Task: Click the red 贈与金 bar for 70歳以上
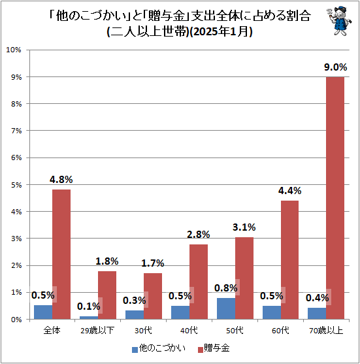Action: pos(335,198)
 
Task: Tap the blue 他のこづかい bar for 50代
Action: pos(225,308)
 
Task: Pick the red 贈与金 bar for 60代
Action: pos(289,259)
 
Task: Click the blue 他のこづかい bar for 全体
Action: pos(43,312)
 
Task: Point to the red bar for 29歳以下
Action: pos(107,295)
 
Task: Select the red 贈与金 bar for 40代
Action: pos(198,282)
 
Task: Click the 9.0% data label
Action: pos(335,67)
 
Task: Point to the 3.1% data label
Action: pos(244,227)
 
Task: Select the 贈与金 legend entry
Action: pos(215,348)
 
